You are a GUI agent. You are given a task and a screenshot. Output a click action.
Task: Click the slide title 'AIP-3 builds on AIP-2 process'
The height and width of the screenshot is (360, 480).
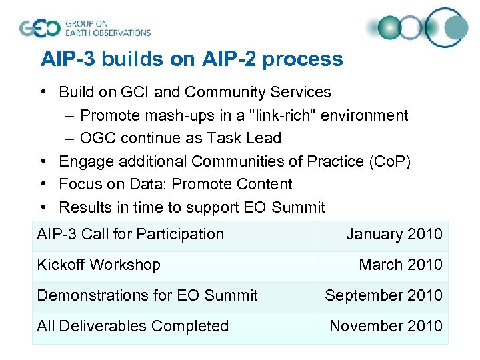[191, 59]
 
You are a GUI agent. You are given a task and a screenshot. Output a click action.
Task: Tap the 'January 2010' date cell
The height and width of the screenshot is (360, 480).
[393, 234]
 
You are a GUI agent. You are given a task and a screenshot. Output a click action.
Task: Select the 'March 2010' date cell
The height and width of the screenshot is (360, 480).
[400, 265]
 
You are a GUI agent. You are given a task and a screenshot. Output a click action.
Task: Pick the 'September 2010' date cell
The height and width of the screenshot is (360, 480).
[383, 295]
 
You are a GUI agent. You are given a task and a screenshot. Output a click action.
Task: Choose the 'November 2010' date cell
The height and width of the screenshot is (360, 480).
[385, 326]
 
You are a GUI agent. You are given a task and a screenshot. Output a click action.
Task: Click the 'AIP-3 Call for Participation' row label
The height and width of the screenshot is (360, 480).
[131, 234]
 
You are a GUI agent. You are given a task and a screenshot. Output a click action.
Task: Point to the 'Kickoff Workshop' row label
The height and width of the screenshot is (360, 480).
[99, 265]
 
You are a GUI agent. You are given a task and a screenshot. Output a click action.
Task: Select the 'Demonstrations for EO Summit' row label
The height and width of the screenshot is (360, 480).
[147, 295]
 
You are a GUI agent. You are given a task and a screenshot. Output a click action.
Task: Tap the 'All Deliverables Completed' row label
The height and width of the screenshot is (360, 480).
[133, 326]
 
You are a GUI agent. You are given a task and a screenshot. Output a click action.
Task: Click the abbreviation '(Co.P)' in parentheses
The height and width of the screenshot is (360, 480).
[388, 161]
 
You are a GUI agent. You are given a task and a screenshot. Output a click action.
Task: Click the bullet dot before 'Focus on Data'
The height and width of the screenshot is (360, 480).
[42, 184]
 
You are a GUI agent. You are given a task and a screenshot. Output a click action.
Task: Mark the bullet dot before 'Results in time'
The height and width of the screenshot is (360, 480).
[42, 207]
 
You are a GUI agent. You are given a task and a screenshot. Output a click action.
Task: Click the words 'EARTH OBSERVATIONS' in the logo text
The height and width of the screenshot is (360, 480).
[108, 32]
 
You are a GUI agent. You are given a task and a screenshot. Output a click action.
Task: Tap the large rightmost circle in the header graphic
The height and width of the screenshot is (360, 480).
[449, 27]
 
